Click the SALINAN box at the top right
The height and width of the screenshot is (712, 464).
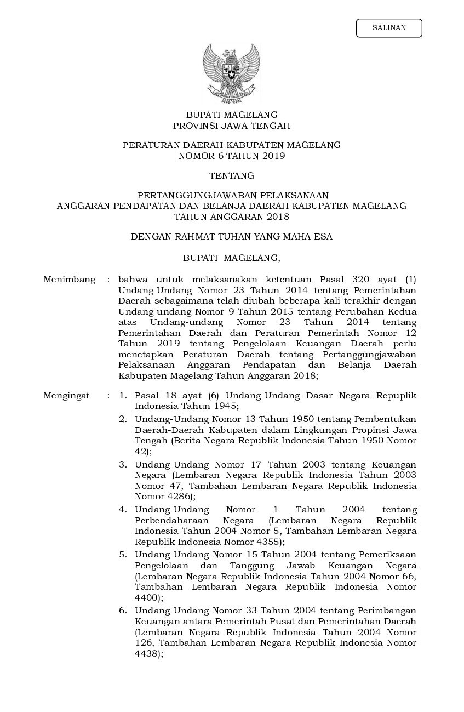pyautogui.click(x=389, y=28)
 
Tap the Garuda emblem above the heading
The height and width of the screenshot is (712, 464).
pyautogui.click(x=231, y=73)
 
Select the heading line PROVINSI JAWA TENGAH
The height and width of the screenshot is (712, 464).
pyautogui.click(x=231, y=126)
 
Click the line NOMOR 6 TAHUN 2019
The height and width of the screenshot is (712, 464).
pyautogui.click(x=231, y=156)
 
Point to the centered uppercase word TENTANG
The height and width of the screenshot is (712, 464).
pyautogui.click(x=231, y=176)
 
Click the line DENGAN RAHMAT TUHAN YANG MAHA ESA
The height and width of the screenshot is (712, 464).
pyautogui.click(x=231, y=237)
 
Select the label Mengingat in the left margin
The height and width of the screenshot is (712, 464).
pyautogui.click(x=66, y=396)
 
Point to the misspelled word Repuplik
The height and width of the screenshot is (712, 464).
pyautogui.click(x=396, y=396)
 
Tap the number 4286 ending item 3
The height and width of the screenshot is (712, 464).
pyautogui.click(x=178, y=497)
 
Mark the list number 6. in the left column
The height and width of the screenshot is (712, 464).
pyautogui.click(x=124, y=610)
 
